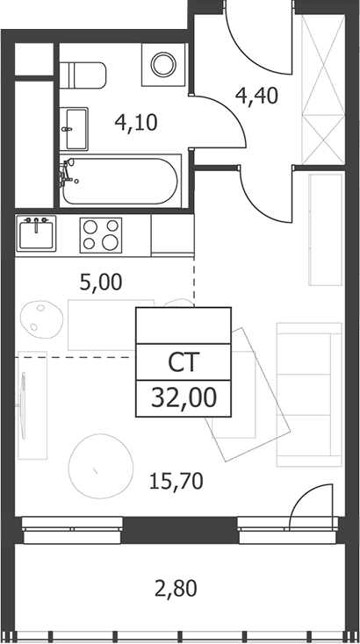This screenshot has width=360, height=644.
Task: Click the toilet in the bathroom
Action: click(83, 75)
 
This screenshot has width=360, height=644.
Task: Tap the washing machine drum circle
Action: click(163, 64)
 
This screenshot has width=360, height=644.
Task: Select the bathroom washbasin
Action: click(74, 129)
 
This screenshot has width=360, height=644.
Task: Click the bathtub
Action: click(120, 181)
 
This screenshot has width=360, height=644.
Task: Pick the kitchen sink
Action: click(36, 233)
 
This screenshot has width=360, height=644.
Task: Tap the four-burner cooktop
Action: click(101, 235)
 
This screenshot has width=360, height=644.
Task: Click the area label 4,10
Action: click(136, 122)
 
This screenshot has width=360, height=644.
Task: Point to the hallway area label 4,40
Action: click(256, 96)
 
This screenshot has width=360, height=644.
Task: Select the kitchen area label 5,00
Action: click(101, 283)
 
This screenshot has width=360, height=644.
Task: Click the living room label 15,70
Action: click(176, 481)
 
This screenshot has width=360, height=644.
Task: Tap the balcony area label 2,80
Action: click(176, 588)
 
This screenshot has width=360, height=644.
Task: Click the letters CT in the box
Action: click(184, 361)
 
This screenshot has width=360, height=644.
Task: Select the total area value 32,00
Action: click(184, 398)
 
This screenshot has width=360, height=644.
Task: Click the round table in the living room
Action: click(101, 466)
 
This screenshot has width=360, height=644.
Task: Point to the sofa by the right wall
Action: click(309, 394)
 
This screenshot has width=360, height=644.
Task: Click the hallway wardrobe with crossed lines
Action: click(323, 89)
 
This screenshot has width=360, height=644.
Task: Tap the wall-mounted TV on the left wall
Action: click(23, 404)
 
